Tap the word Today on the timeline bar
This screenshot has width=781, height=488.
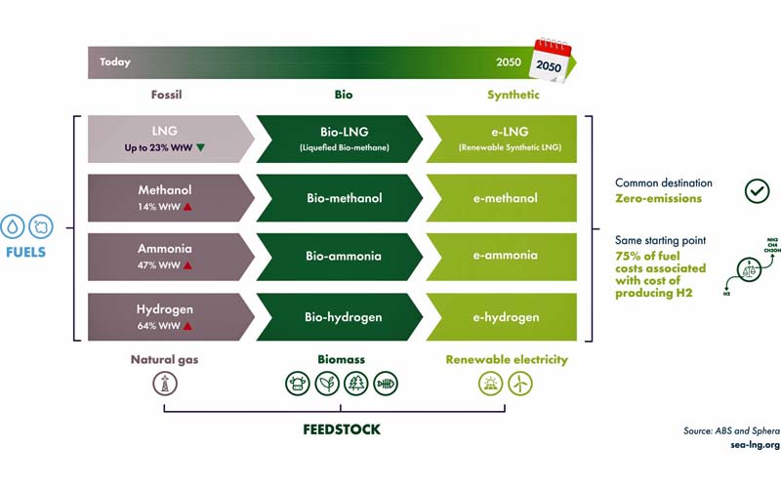[x=115, y=62]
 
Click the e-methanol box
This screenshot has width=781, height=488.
[x=506, y=198]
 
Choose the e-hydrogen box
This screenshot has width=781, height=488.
[x=506, y=316]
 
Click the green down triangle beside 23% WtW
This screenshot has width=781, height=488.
[x=200, y=147]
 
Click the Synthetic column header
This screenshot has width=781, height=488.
[x=513, y=96]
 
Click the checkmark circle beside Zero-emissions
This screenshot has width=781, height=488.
[x=757, y=190]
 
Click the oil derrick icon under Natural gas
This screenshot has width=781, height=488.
[x=165, y=385]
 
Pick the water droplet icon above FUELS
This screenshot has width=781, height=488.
[x=12, y=225]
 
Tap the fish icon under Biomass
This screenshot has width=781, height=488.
[x=385, y=385]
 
